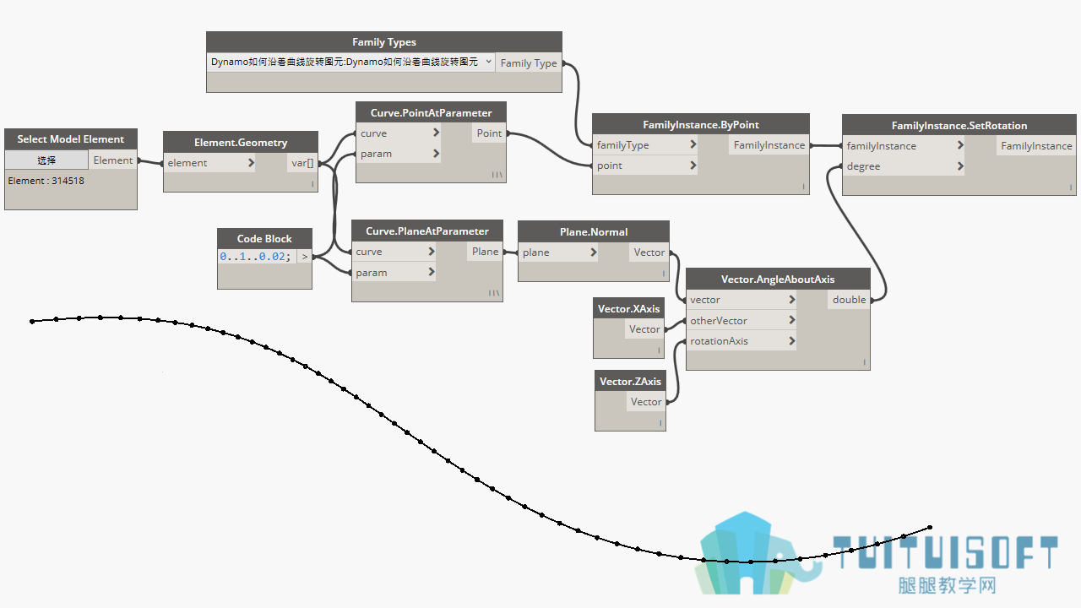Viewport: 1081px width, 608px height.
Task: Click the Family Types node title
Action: click(384, 42)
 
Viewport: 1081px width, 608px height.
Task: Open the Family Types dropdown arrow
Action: click(488, 62)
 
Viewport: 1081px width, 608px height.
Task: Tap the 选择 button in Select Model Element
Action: click(46, 160)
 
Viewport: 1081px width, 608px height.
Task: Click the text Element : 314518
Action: click(46, 181)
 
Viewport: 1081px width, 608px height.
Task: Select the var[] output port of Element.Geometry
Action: click(302, 163)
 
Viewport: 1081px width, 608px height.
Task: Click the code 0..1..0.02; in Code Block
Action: click(255, 257)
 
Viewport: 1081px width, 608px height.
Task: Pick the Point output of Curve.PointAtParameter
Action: click(489, 133)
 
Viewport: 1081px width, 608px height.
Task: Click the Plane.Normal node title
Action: click(594, 232)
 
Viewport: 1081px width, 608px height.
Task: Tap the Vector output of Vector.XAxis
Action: click(644, 329)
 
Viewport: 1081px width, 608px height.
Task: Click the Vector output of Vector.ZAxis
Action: click(646, 402)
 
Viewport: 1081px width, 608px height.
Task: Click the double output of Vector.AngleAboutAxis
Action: click(850, 300)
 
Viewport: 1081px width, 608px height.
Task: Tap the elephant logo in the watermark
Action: click(758, 554)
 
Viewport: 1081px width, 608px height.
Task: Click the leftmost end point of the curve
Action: click(32, 322)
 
